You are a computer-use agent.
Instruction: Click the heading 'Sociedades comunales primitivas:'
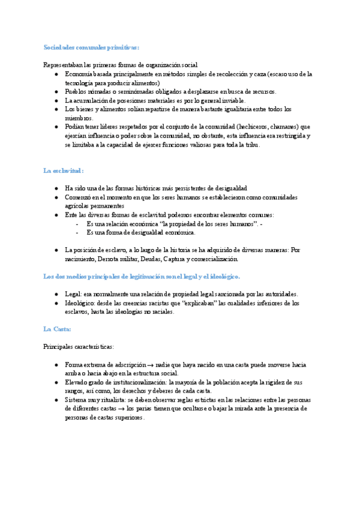(x=91, y=47)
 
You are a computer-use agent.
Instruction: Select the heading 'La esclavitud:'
(x=63, y=170)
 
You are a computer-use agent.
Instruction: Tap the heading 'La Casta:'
(x=58, y=329)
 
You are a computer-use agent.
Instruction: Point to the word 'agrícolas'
(x=77, y=205)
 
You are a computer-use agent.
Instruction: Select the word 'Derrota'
(x=112, y=259)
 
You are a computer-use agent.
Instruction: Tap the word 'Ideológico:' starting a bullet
(x=80, y=303)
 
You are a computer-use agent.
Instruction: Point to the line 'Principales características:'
(x=78, y=347)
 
